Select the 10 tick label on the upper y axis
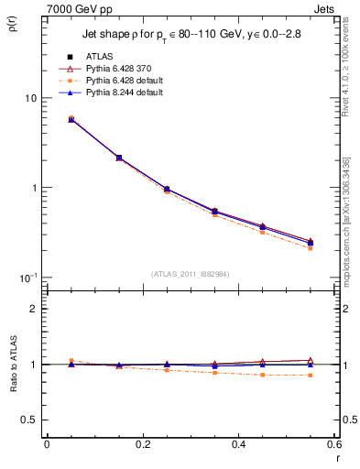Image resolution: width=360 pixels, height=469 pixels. coord(29,99)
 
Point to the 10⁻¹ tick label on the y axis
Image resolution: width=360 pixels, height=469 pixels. coord(27,277)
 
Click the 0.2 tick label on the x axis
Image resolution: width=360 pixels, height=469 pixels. coord(142,444)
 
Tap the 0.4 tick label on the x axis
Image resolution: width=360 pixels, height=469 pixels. coord(238,444)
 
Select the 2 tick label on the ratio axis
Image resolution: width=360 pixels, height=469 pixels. coord(32,309)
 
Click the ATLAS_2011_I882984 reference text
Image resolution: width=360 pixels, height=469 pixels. coord(190,273)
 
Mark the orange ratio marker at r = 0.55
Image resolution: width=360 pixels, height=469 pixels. coord(311,376)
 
